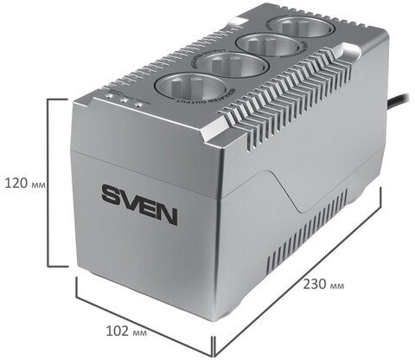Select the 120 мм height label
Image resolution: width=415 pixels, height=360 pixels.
(22, 183)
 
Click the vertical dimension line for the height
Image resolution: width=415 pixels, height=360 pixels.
(48, 183)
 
